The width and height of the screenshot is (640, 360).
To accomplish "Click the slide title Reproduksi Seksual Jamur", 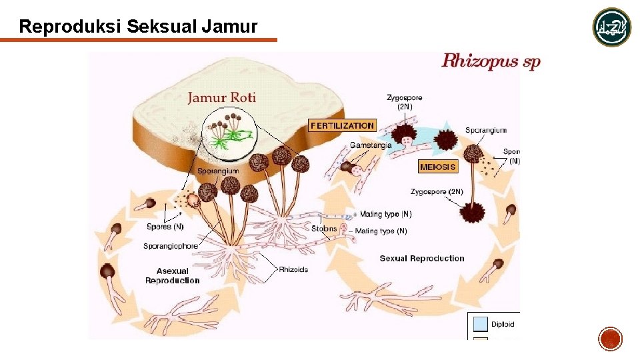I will (138, 27).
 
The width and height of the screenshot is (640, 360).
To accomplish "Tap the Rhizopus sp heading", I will (491, 62).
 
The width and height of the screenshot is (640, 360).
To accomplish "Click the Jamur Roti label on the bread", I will (221, 97).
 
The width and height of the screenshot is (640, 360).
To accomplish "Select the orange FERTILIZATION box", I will (342, 125).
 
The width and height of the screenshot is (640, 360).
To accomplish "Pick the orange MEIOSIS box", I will (438, 167).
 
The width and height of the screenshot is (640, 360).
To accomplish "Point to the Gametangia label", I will (371, 145).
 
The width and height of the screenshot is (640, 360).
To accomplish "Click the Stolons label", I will (325, 229).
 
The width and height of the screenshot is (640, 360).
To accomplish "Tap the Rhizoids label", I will (293, 269).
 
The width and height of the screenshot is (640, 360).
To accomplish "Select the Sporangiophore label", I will (171, 246).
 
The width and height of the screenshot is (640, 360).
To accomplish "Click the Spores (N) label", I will (165, 227).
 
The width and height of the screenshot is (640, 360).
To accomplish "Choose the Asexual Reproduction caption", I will (173, 275).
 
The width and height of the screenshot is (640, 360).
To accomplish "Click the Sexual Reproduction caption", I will (422, 258).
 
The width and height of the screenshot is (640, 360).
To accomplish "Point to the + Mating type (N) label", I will (382, 214).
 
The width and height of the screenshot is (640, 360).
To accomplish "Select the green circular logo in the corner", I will (612, 27).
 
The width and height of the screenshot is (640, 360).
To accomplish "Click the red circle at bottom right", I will (611, 339).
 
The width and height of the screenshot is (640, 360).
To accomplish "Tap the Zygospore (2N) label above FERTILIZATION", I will (405, 102).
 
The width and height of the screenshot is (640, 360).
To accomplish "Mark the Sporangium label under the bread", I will (218, 171).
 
